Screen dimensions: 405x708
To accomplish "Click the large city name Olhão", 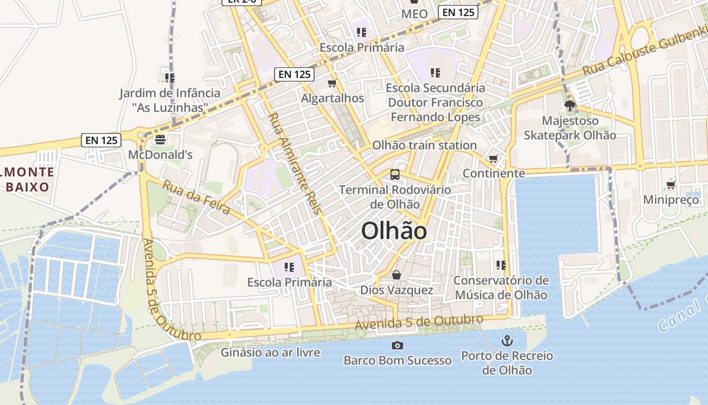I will (x=394, y=231).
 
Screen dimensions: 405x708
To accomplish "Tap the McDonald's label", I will (x=160, y=154).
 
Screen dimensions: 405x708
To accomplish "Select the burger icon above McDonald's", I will (x=160, y=139).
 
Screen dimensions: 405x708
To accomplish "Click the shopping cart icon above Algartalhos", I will (x=332, y=83).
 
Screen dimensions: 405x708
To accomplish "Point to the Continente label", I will (x=494, y=173).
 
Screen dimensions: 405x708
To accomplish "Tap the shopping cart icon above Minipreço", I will (x=671, y=185).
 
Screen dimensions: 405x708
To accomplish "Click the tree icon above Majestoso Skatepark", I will (x=570, y=106).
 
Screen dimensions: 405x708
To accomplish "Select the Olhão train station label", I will (x=424, y=145).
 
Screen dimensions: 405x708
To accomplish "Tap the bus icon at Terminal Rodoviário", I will (x=395, y=175).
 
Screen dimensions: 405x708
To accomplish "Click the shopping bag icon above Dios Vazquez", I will (x=396, y=275).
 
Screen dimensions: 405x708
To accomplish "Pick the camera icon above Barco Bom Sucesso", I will (x=397, y=345).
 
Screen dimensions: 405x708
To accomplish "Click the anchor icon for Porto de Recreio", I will (x=507, y=341).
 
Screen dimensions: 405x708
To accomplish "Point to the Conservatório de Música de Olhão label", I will (x=501, y=287).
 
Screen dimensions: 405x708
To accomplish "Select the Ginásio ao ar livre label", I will (x=270, y=352).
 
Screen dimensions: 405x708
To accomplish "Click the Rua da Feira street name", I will (x=196, y=197).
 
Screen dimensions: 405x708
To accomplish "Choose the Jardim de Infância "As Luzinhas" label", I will (x=170, y=100).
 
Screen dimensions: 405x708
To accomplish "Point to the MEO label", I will (x=414, y=14).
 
